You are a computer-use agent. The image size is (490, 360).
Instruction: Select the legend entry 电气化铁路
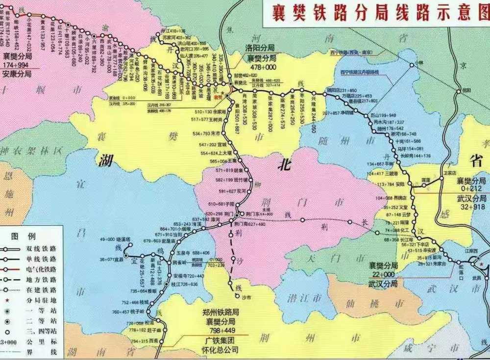pyautogui.click(x=44, y=269)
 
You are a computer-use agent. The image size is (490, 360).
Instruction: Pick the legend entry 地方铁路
pyautogui.click(x=44, y=279)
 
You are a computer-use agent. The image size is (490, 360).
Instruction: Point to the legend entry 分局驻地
pyautogui.click(x=44, y=289)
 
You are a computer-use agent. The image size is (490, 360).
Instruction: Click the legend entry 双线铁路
pyautogui.click(x=44, y=248)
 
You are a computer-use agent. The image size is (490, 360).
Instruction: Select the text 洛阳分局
pyautogui.click(x=259, y=48)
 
